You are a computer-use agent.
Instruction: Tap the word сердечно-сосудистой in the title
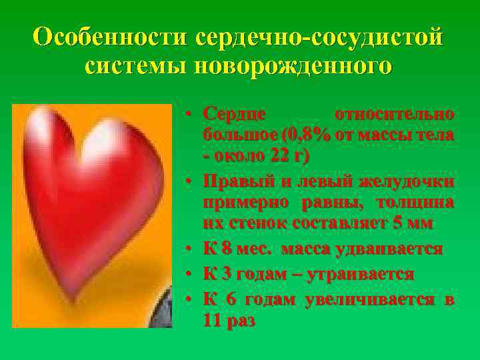point(319,37)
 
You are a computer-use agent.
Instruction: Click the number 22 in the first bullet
point(277,157)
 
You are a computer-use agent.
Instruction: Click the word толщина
point(415,203)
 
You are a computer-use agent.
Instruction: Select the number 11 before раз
point(213,321)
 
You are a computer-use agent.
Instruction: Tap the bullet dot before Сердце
point(189,114)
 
